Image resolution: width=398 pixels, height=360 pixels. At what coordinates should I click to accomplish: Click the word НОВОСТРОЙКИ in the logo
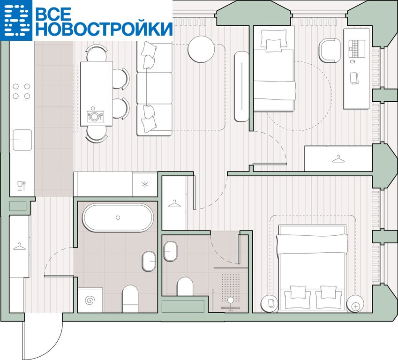click(x=104, y=29)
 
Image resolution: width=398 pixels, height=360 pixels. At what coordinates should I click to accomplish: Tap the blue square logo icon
click(x=16, y=20)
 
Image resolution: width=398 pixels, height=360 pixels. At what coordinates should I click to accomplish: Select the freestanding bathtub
click(x=118, y=217)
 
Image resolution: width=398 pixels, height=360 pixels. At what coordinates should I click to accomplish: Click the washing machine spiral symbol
click(x=90, y=300)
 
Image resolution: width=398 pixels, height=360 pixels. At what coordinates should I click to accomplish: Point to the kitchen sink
click(x=23, y=140)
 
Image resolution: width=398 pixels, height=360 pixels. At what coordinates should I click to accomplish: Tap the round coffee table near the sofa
click(x=201, y=49)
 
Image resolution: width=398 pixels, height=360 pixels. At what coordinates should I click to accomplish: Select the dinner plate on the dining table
click(x=94, y=116)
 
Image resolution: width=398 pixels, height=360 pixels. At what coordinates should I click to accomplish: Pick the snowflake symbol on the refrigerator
click(x=145, y=184)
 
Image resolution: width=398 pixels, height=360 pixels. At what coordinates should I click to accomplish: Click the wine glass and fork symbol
click(x=22, y=186)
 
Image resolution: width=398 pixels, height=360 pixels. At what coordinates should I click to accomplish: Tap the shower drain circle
click(x=231, y=300)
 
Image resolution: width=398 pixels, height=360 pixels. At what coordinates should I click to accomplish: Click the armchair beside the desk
click(x=330, y=50)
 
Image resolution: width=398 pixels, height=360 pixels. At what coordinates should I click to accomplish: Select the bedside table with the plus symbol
click(x=355, y=304)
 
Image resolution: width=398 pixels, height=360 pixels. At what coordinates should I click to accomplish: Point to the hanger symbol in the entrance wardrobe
click(x=19, y=246)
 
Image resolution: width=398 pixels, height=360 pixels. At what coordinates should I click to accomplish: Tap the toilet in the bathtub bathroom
click(x=130, y=299)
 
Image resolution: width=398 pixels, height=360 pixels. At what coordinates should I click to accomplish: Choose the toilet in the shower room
click(x=185, y=286)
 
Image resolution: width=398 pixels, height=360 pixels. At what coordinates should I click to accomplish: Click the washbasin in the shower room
click(x=170, y=251)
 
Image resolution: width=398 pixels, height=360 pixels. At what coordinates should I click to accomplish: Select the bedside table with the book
click(x=270, y=304)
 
